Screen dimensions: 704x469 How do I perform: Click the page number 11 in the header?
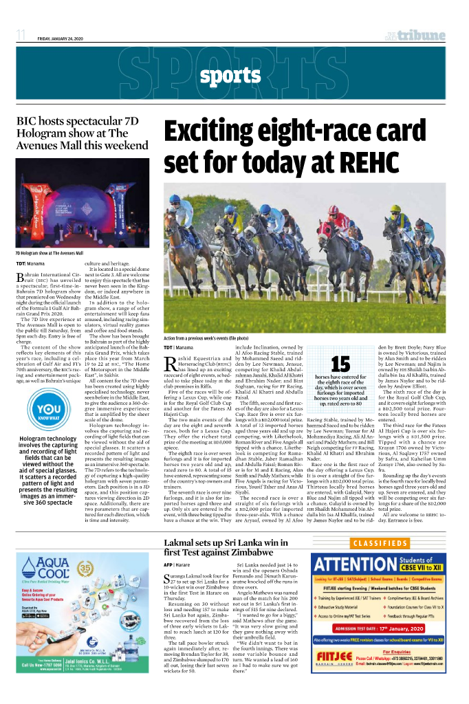click(21, 35)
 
